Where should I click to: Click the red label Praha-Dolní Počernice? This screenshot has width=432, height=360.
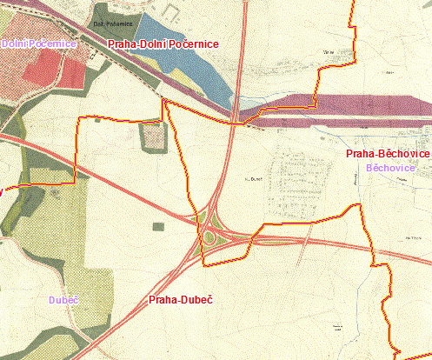click(x=163, y=43)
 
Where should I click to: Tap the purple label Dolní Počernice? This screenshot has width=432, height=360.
click(x=38, y=43)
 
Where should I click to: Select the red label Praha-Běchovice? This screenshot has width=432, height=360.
click(x=388, y=154)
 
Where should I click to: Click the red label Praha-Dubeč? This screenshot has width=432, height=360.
click(x=181, y=300)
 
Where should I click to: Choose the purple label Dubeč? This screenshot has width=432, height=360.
click(x=63, y=300)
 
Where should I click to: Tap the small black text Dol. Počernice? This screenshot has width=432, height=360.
click(x=110, y=24)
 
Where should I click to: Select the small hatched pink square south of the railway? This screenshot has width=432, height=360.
click(x=152, y=136)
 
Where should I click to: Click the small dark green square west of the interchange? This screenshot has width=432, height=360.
click(x=157, y=227)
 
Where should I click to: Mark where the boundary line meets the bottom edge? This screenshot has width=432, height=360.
click(x=396, y=357)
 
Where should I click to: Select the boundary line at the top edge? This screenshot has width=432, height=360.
click(x=352, y=3)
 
